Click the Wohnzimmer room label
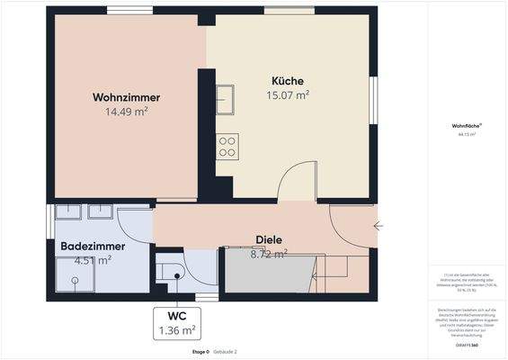coord(120,97)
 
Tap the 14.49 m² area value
coord(126,112)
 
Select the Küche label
coord(288,79)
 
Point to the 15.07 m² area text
coord(288,94)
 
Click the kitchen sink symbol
coord(225,98)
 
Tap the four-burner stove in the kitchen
coord(227,147)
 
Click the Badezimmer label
coord(93,246)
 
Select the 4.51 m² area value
coord(93,260)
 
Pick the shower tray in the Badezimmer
coord(72,276)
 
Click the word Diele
coord(269,240)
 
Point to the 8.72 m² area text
coord(269,254)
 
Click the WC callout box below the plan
coord(176,323)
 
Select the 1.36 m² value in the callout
coord(176,330)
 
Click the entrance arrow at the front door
coord(379,226)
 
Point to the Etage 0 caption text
coord(200,352)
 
